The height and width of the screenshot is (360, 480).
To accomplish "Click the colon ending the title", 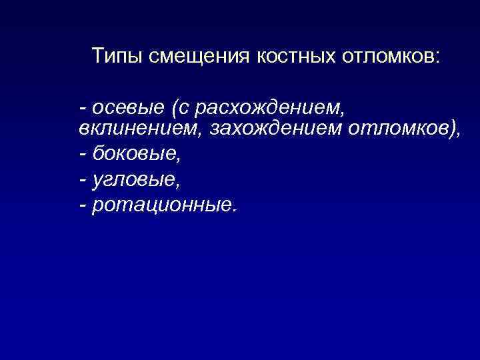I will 437,57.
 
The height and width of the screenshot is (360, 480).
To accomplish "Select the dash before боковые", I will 82,155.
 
